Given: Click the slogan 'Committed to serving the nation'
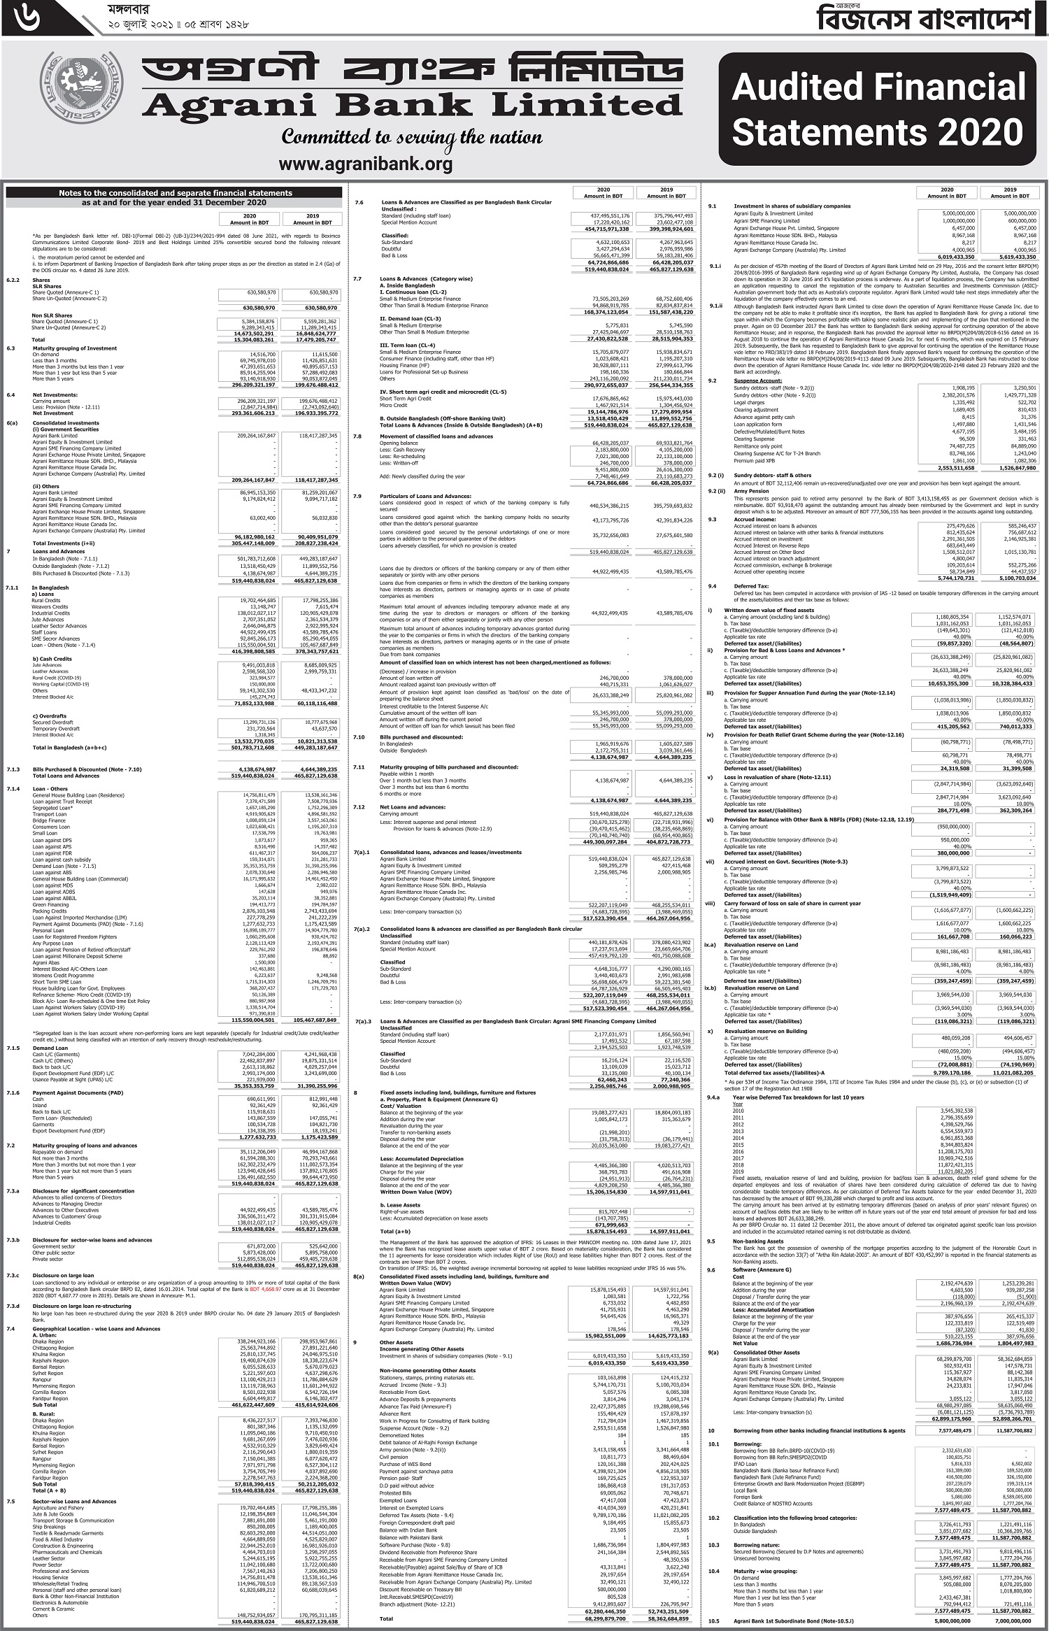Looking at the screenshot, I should tap(412, 136).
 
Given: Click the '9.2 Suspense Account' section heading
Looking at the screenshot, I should tap(756, 381).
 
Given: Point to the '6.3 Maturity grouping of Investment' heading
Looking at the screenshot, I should tap(77, 348).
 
